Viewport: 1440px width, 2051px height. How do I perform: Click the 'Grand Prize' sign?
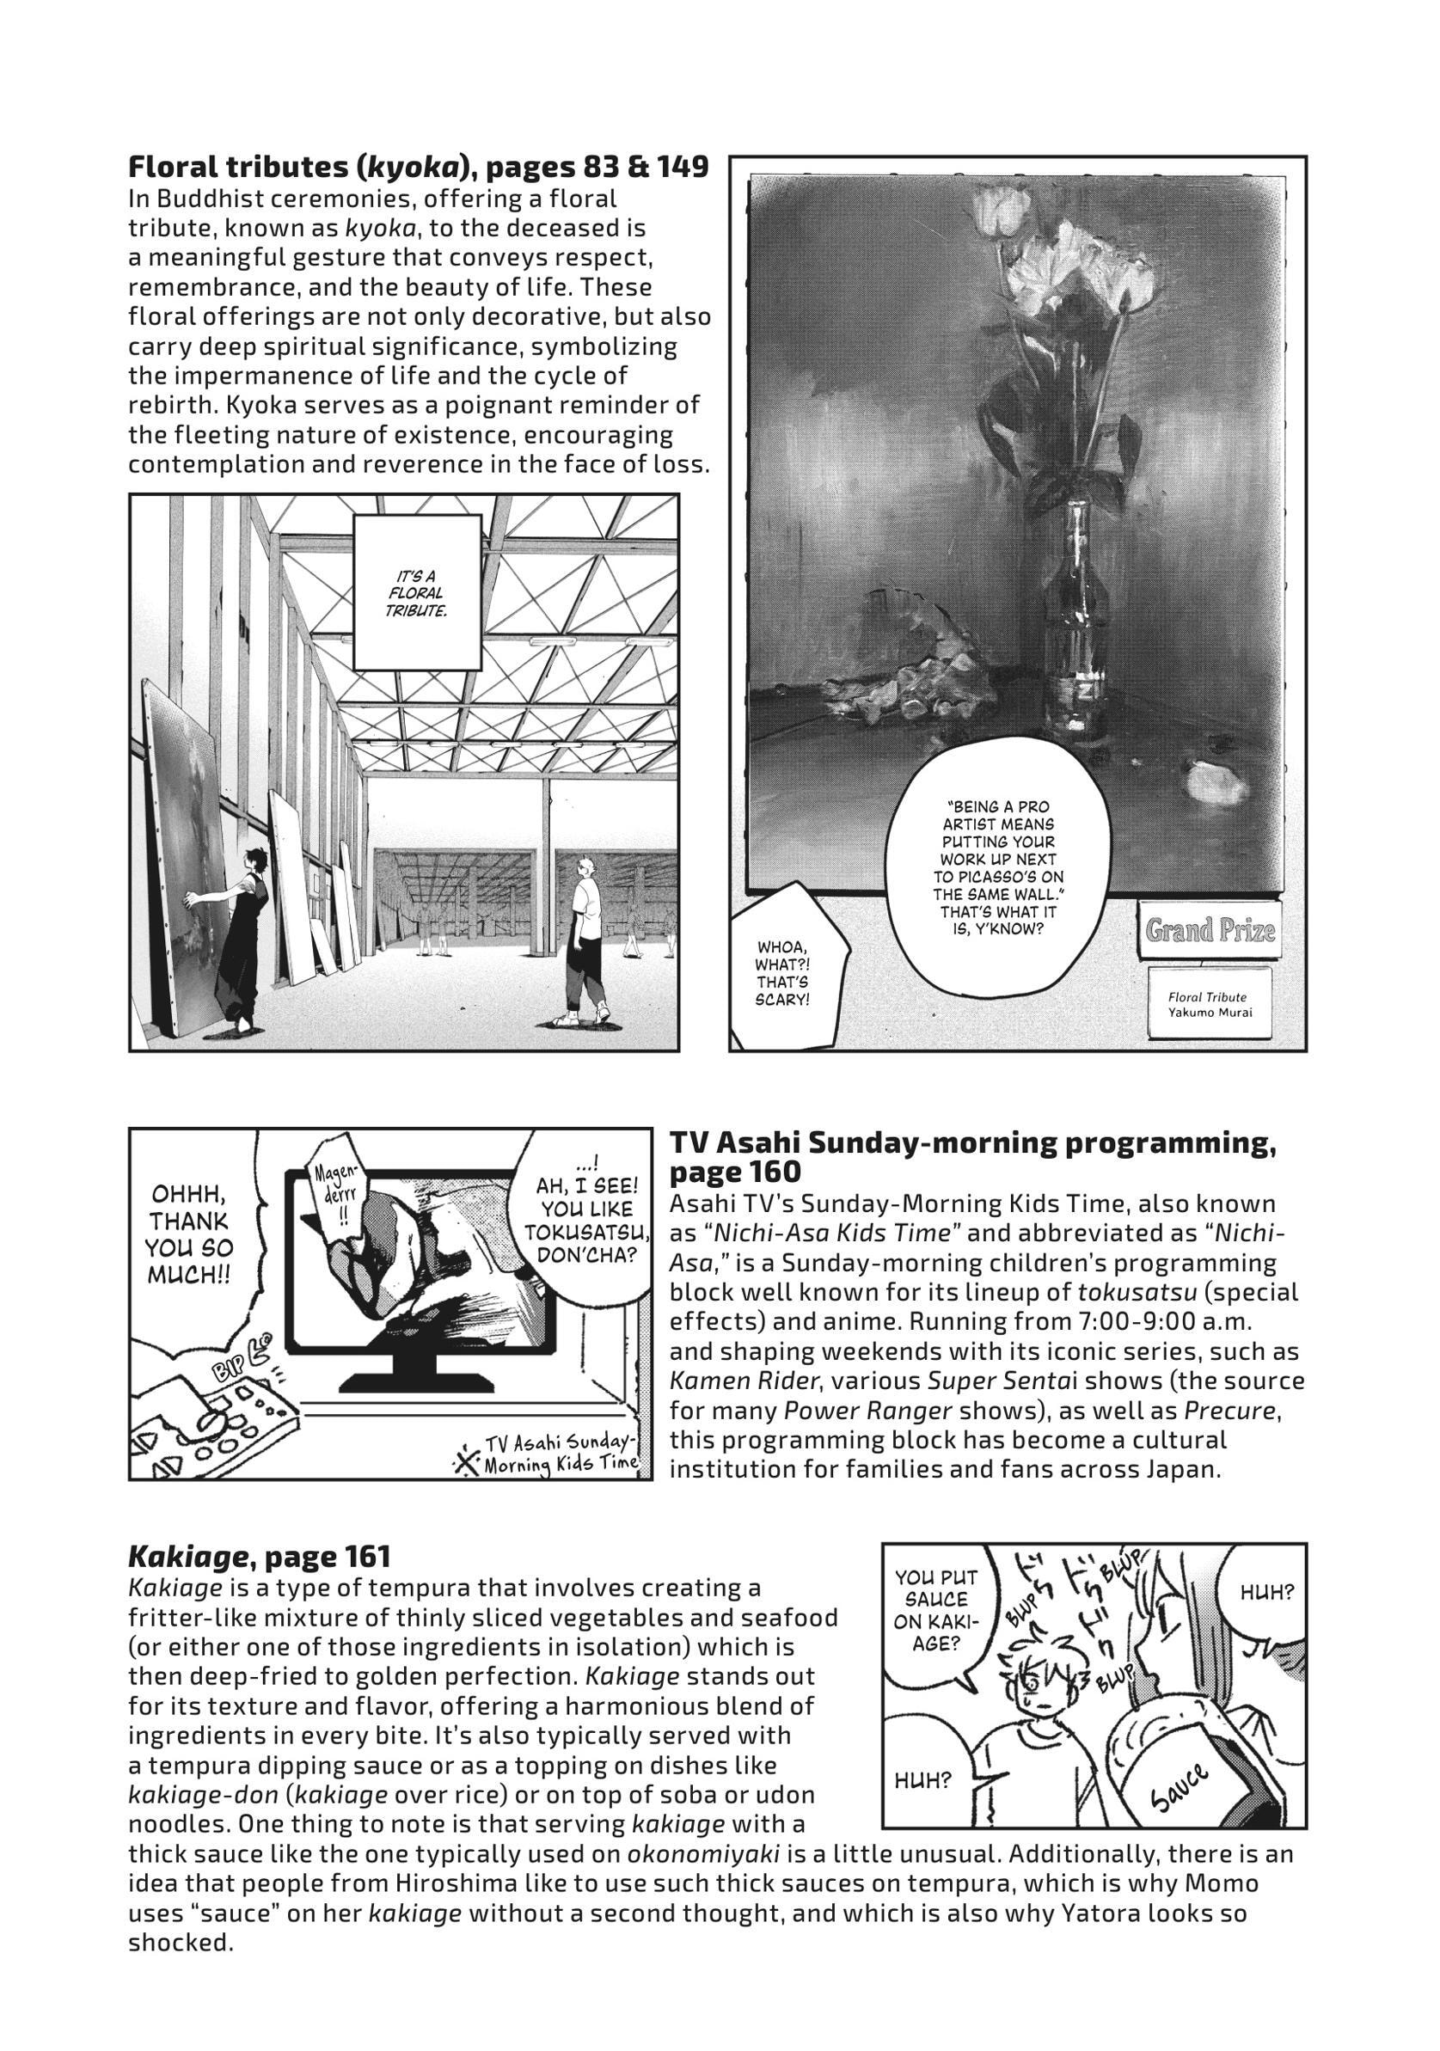click(1210, 931)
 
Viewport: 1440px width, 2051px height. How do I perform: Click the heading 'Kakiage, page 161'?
click(259, 1557)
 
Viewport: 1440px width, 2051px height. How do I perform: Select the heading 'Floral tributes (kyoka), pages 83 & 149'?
click(419, 167)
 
